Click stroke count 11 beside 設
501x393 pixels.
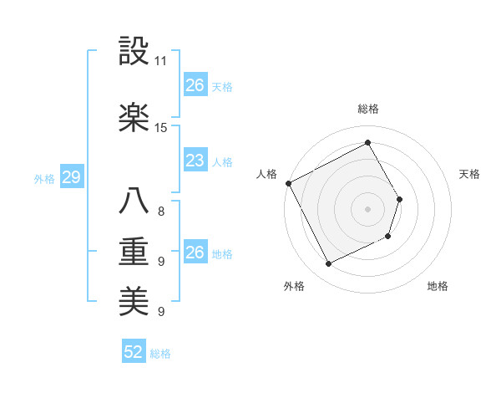click(161, 62)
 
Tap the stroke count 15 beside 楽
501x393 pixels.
click(161, 128)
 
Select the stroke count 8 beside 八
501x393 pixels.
click(161, 212)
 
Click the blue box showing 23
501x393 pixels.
click(195, 161)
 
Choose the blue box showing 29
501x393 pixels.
click(71, 177)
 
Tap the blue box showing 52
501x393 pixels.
click(134, 353)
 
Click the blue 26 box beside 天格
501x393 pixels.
click(195, 85)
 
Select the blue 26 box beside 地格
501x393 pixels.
click(195, 253)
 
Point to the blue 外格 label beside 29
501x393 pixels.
click(44, 178)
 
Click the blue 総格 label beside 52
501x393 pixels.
click(160, 354)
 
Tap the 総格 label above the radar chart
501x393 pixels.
click(368, 109)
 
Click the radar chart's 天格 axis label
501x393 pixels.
click(469, 174)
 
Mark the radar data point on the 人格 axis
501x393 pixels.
click(289, 183)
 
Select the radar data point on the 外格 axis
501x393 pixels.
click(328, 264)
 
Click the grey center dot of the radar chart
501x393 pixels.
click(368, 209)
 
